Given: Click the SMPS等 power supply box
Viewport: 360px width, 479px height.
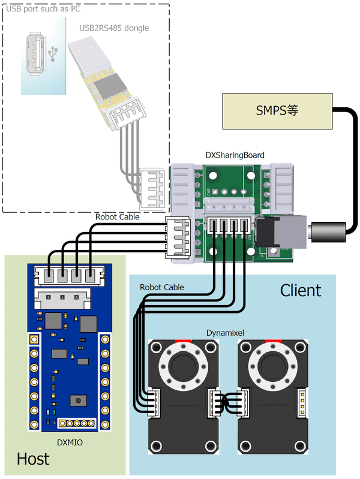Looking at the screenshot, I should (x=277, y=111).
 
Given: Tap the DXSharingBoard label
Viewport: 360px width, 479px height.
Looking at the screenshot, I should (x=235, y=155).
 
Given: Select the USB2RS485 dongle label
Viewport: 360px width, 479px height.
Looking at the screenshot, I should (x=114, y=28).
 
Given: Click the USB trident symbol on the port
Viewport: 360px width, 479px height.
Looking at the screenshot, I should (x=53, y=53).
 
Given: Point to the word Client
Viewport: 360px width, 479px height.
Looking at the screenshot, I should (x=301, y=290).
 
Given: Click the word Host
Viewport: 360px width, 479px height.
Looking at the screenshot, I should (x=33, y=459).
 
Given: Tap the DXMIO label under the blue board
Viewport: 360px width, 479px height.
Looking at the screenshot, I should (x=70, y=442).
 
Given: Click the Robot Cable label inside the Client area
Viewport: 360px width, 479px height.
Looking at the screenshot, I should (x=162, y=287).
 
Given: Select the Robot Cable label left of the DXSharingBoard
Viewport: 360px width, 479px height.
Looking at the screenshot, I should (x=118, y=216).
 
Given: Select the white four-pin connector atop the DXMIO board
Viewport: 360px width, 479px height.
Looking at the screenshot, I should (x=67, y=275).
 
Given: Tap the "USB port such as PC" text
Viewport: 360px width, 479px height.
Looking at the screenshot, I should (x=43, y=9).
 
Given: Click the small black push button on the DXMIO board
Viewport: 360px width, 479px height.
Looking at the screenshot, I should (x=77, y=400).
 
